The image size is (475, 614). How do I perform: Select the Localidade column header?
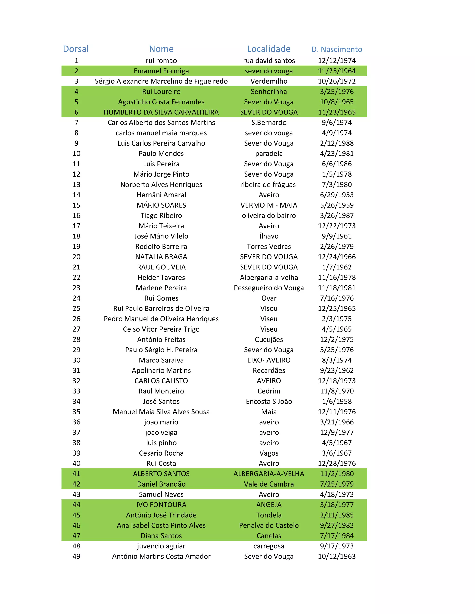click(x=269, y=49)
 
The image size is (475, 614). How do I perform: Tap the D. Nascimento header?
click(x=337, y=50)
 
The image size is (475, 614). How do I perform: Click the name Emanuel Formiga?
click(x=161, y=71)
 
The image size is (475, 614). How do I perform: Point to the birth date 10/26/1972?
click(x=337, y=81)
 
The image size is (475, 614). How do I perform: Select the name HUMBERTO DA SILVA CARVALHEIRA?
click(x=161, y=112)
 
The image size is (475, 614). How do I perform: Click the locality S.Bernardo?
click(x=269, y=123)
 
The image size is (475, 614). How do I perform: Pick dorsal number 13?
click(x=76, y=184)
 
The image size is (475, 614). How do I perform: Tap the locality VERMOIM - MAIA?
click(x=269, y=205)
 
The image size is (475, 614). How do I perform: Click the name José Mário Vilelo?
click(x=161, y=236)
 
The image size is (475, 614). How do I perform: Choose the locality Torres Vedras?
click(x=269, y=247)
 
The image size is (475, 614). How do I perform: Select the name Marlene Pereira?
click(x=161, y=288)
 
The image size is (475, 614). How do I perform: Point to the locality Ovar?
click(x=269, y=298)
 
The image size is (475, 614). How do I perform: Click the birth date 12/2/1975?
click(x=337, y=339)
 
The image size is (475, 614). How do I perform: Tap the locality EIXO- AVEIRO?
click(x=269, y=360)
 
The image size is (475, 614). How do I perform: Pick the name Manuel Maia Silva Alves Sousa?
click(x=161, y=412)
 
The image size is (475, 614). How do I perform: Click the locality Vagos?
click(x=269, y=453)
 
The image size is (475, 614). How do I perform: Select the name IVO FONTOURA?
click(x=161, y=505)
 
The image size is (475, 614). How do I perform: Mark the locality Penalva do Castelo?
click(x=269, y=525)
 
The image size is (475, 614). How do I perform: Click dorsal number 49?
click(x=76, y=556)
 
